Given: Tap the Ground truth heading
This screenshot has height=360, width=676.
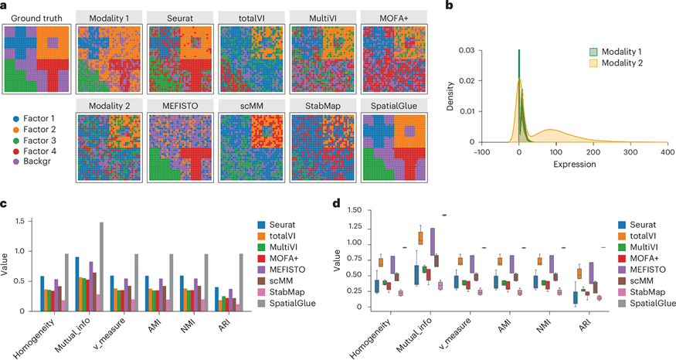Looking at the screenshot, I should pos(37,15).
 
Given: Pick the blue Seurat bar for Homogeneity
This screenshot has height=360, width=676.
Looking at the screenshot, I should pos(42,294).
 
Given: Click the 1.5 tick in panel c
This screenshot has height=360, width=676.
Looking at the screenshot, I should pos(26,221).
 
